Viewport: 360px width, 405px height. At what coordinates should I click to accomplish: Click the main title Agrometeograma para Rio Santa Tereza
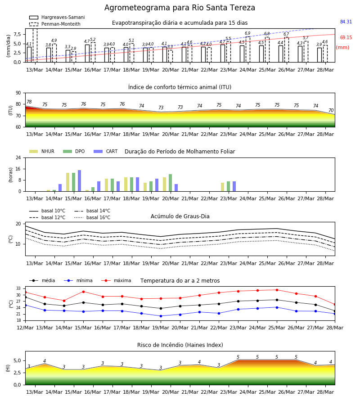180,8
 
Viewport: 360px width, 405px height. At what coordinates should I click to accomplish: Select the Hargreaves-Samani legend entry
57,17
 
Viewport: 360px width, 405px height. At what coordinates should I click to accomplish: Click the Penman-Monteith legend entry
55,24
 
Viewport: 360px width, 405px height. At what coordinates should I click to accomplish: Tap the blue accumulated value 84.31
346,22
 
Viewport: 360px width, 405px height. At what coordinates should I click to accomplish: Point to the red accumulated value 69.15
346,37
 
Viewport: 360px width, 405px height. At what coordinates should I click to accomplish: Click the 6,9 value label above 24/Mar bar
247,33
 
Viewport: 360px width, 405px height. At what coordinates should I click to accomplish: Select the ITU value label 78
29,102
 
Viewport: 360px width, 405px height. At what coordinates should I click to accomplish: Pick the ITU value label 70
331,110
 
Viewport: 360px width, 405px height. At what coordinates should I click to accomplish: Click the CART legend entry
106,151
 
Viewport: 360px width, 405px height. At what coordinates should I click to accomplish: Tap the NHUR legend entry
42,151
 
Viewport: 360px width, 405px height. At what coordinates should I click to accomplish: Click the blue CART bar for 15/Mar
79,181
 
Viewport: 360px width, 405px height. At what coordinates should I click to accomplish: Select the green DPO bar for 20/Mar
170,183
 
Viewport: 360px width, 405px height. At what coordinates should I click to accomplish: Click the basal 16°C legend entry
92,217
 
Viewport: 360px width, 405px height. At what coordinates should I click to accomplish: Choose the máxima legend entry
116,280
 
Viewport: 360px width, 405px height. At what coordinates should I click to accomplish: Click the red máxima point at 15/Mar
83,292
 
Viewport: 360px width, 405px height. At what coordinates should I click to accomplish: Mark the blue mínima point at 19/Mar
161,316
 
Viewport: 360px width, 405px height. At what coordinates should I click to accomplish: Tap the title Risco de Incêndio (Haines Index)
180,345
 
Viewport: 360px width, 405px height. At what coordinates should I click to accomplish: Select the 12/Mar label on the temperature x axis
25,328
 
